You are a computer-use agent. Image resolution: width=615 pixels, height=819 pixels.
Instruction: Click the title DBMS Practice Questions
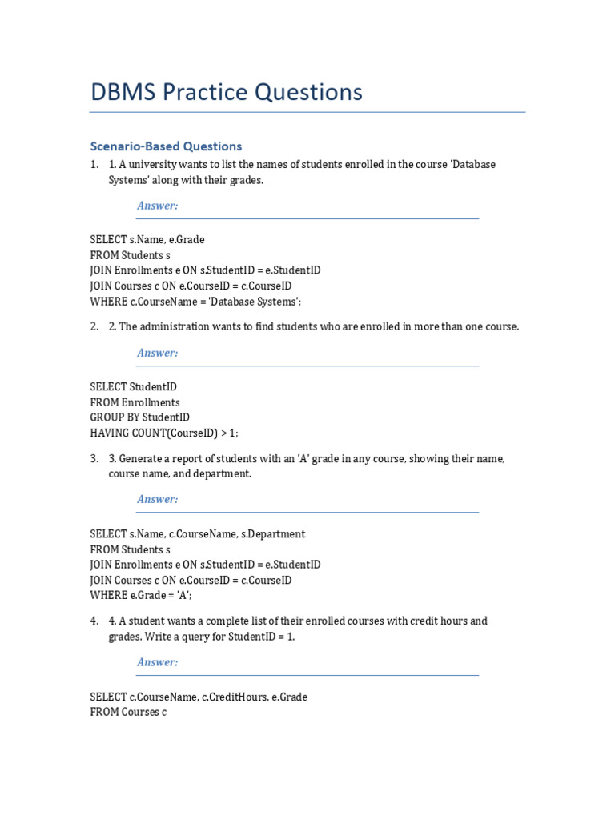(227, 93)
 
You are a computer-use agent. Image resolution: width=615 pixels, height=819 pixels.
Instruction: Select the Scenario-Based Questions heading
(166, 146)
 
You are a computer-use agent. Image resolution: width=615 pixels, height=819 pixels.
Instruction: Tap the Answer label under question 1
(157, 206)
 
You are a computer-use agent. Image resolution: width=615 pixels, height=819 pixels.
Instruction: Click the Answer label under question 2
(157, 353)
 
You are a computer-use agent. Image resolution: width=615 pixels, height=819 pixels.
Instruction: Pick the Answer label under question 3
(157, 499)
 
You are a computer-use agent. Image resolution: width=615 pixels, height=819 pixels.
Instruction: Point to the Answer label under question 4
(157, 662)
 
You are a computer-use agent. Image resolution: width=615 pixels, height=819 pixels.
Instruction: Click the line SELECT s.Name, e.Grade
(147, 239)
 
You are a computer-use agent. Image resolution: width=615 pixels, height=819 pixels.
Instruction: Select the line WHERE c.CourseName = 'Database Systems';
(196, 302)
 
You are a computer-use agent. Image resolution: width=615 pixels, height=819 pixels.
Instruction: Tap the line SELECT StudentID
(134, 386)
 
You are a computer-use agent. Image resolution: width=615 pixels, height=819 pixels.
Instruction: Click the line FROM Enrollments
(135, 402)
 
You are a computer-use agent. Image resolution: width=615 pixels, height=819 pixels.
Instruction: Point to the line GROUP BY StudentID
(140, 417)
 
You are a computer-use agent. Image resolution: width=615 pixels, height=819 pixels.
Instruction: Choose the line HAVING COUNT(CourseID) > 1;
(164, 433)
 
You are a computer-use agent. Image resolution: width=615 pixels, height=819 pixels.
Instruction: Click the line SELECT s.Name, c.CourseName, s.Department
(198, 533)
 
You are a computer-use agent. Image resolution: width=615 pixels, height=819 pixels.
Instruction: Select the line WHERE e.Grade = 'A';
(141, 595)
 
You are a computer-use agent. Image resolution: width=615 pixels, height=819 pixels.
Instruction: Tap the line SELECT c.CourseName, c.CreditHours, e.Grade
(199, 697)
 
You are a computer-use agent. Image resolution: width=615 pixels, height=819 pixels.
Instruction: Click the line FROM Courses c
(128, 712)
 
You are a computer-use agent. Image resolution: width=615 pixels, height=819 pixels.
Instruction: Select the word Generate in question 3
(140, 458)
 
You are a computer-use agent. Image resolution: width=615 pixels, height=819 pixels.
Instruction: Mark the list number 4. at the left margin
(94, 621)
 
